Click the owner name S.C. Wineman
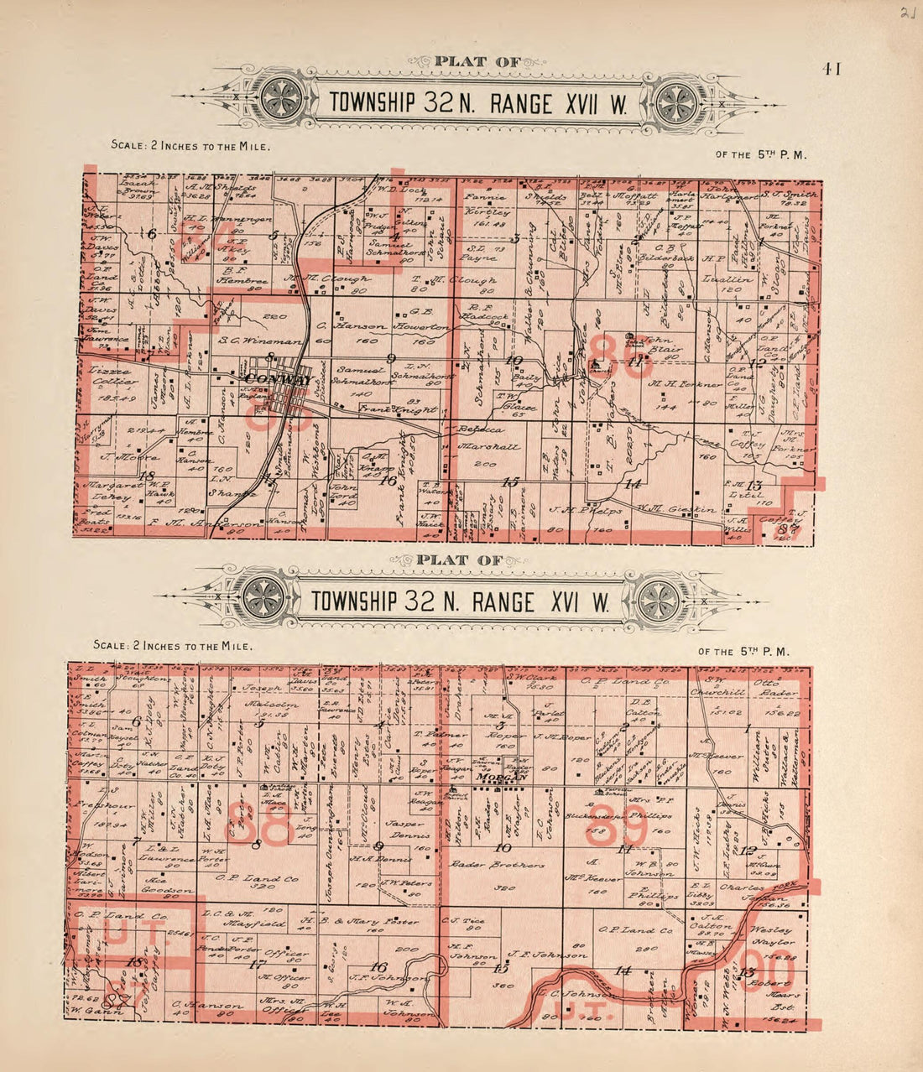coord(248,341)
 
